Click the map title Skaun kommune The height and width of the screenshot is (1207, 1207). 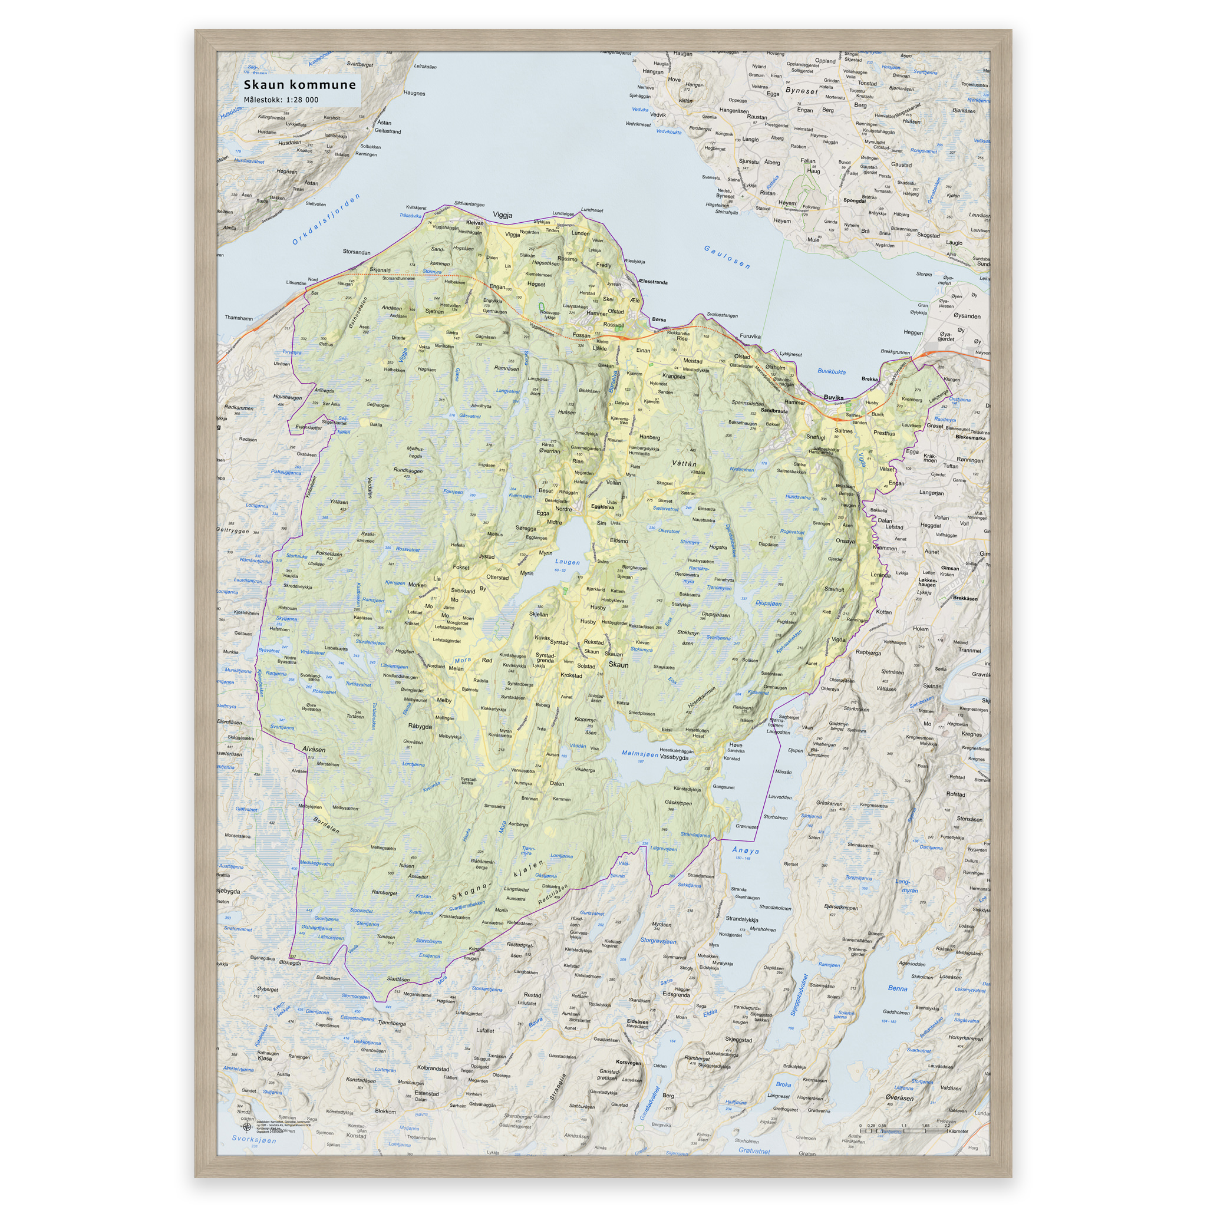click(299, 85)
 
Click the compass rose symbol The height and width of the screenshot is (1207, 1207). click(247, 1127)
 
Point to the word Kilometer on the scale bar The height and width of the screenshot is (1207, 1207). click(958, 1132)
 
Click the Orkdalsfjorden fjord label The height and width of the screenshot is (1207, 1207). click(326, 219)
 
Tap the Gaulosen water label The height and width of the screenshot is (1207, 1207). click(727, 258)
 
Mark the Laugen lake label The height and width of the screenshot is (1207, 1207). click(568, 562)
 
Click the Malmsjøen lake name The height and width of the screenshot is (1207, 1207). click(639, 754)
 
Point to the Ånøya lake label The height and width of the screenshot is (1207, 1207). click(746, 851)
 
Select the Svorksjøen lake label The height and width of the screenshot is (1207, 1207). click(253, 1139)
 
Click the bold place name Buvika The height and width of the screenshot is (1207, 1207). click(833, 397)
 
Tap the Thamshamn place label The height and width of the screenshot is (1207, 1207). click(239, 318)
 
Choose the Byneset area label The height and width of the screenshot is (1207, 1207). click(802, 91)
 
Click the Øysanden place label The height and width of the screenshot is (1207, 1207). click(967, 316)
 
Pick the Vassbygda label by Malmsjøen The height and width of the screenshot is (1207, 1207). click(674, 757)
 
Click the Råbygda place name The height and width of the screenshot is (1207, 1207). click(420, 727)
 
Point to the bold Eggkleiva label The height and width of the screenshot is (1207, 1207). click(602, 507)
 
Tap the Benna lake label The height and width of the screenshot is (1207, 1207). click(897, 988)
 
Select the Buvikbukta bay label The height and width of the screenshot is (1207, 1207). click(832, 372)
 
